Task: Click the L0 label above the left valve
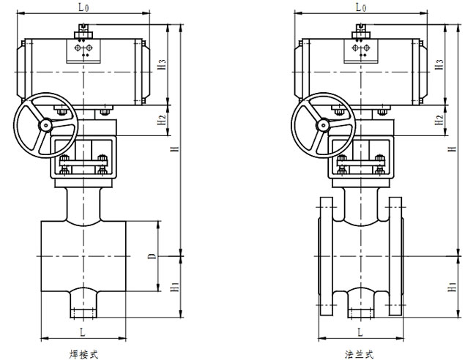tap(83, 7)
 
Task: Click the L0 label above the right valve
tap(361, 7)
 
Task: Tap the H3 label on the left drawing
tap(162, 64)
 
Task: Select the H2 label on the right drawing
tap(439, 119)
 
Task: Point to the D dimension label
tap(152, 256)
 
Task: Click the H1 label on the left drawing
tap(174, 287)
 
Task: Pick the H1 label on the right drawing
tap(453, 287)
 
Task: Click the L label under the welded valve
tap(83, 332)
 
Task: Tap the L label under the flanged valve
tap(360, 332)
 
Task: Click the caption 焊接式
tap(83, 354)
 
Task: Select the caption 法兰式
tap(359, 354)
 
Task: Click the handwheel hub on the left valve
tap(45, 125)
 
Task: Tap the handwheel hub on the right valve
tap(323, 125)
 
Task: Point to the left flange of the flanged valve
tap(326, 256)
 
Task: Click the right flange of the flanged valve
tap(396, 256)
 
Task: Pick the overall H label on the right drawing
tap(453, 149)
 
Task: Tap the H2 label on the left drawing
tap(162, 119)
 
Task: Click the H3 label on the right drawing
tap(439, 64)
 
